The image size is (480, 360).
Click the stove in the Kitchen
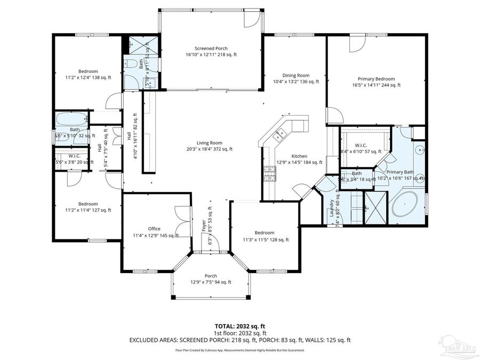point(269,172)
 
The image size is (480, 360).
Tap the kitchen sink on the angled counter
point(279,136)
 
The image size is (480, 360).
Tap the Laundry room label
point(332,208)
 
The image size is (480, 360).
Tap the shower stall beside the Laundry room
point(370,207)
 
